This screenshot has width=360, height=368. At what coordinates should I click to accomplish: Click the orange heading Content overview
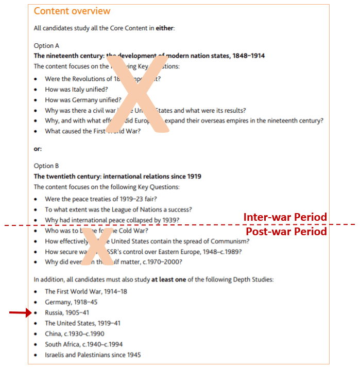point(72,11)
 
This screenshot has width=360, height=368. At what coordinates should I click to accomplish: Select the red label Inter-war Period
point(285,217)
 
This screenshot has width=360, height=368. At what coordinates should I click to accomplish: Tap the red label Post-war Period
point(286,232)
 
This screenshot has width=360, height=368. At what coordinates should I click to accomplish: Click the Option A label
point(47,46)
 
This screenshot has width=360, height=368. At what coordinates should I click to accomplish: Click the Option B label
point(47,166)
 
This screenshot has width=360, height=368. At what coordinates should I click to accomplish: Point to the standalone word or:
point(38,149)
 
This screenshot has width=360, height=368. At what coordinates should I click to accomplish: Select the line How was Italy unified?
point(76,89)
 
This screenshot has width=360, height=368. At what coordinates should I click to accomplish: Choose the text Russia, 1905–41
point(67,312)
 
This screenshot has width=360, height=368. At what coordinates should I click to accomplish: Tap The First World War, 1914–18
point(85,291)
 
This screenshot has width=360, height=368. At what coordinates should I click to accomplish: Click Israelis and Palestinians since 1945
point(93,355)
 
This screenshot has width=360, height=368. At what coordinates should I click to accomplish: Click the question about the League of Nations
point(118,209)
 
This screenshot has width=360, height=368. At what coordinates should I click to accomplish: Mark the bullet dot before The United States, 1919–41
point(35,323)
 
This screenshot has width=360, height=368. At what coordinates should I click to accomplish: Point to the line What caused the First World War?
point(92,131)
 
